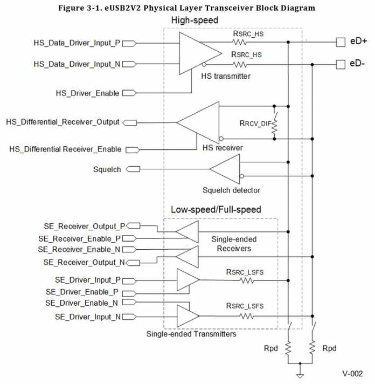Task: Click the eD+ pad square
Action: [339, 42]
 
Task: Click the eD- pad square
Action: [339, 64]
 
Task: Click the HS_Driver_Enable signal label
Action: [87, 93]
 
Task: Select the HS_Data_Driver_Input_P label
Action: [77, 42]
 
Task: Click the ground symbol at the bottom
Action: [301, 376]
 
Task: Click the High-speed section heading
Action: [194, 20]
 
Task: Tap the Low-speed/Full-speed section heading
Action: [216, 209]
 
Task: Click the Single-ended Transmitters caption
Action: [191, 334]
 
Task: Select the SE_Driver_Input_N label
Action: [88, 316]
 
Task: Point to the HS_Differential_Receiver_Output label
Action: [63, 122]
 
